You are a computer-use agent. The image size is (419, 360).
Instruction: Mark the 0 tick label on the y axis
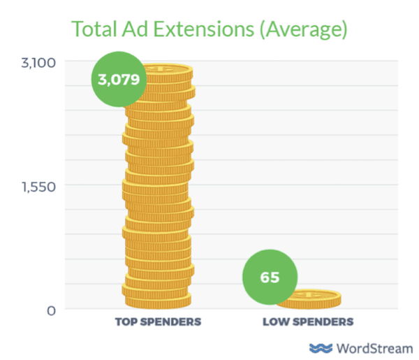coord(50,310)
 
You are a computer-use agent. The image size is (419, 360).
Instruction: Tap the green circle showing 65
coord(270,277)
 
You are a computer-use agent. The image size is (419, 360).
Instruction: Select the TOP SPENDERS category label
coord(158,322)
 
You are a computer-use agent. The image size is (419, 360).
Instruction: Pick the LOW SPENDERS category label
coord(308,322)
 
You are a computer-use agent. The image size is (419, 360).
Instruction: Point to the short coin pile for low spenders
coord(308,299)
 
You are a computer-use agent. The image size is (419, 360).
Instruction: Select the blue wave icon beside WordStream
coord(321,347)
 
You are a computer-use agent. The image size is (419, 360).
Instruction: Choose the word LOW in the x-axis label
coord(274,322)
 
